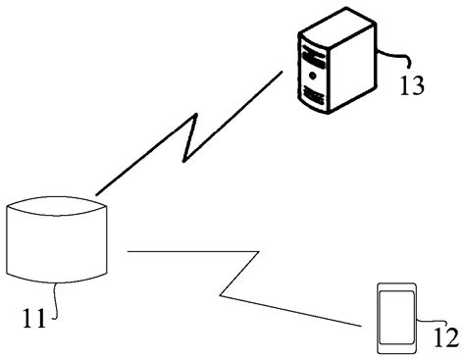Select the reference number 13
pos(411,84)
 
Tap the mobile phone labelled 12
pos(396,315)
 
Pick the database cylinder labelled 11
pos(58,239)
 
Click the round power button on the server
pos(313,74)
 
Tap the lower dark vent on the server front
pos(314,95)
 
